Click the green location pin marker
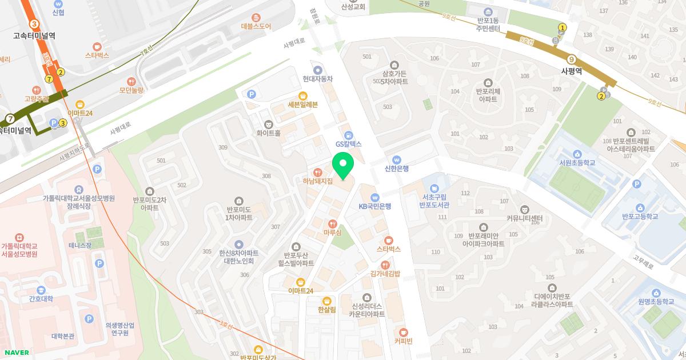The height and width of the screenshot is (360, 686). pos(343,166)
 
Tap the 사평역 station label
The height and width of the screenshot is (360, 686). pos(571,71)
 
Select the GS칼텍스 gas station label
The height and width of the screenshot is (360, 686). pos(348,144)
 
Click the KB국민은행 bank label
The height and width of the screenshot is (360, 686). pos(375,206)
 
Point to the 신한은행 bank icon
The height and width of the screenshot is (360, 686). pos(397,159)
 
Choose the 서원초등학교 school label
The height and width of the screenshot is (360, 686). pos(577,163)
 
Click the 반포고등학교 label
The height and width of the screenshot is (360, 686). pos(640,216)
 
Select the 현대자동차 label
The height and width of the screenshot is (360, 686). pos(318,79)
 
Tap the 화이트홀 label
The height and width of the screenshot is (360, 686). pos(269,133)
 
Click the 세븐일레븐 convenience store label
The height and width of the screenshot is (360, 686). pos(302,105)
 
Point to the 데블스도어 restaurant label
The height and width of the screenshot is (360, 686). pos(256,26)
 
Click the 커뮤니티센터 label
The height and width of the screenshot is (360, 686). pos(524,218)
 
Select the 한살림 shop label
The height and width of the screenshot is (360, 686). pos(327,311)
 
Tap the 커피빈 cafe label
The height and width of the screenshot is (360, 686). pos(403,341)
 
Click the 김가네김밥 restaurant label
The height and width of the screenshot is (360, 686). pos(385,273)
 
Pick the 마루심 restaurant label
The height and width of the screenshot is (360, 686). pos(332,233)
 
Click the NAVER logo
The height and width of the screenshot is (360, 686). pos(15,353)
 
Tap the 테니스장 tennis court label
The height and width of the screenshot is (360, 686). pos(80,245)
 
